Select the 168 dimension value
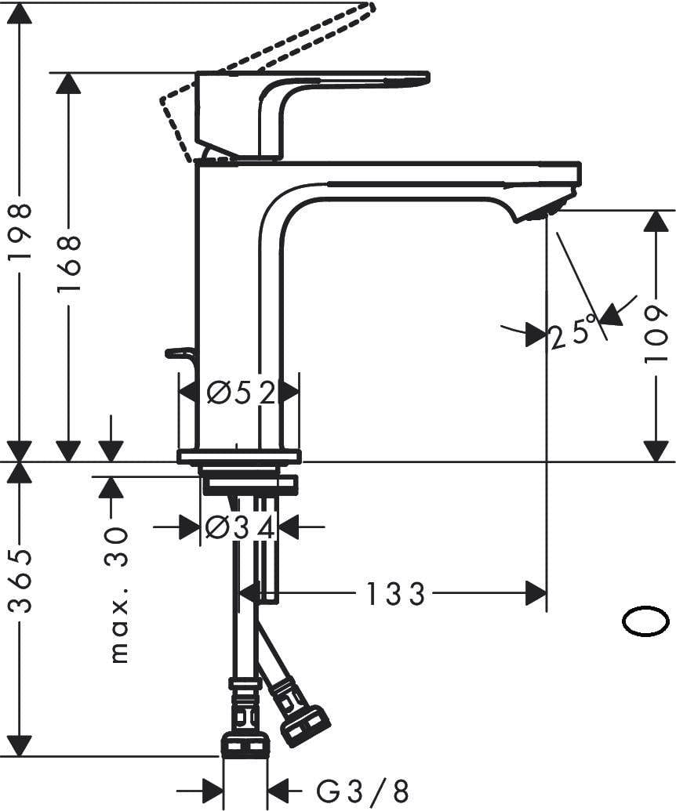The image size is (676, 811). [x=69, y=263]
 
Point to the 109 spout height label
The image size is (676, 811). [x=656, y=335]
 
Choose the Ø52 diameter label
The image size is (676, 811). [x=240, y=392]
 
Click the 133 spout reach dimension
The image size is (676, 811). [x=395, y=594]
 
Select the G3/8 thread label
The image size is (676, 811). [x=362, y=789]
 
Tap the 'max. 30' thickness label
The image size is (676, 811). [x=118, y=596]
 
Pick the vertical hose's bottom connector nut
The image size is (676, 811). [x=245, y=744]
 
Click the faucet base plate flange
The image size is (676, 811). [x=239, y=456]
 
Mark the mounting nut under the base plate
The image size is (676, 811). [x=249, y=485]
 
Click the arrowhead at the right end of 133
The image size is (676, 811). [x=536, y=593]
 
